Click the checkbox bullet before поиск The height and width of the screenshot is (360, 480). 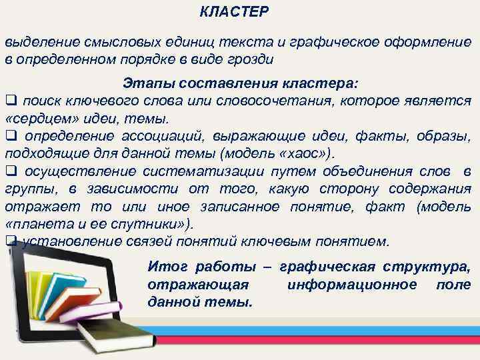click(x=11, y=101)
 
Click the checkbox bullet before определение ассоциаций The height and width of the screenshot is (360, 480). click(x=11, y=137)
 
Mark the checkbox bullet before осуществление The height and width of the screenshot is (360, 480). click(x=11, y=173)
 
